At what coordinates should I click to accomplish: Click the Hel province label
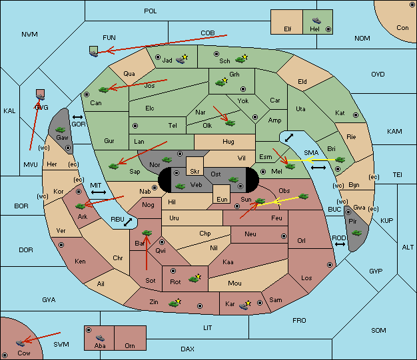(x=314, y=29)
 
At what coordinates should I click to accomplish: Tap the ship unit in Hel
(x=316, y=21)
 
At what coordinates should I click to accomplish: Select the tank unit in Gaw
(x=61, y=129)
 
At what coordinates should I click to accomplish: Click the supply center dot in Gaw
(x=68, y=148)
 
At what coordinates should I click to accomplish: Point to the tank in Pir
(x=356, y=233)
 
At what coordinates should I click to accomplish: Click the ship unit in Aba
(x=100, y=337)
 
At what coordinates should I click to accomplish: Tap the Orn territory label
(x=130, y=345)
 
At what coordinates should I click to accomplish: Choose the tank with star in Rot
(x=195, y=278)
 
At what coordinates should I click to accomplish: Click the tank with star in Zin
(x=175, y=303)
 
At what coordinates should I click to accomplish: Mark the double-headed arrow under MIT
(x=99, y=192)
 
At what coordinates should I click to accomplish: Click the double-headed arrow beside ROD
(x=340, y=244)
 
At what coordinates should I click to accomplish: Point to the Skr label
(x=195, y=172)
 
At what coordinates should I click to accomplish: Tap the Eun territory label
(x=222, y=199)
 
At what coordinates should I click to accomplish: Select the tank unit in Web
(x=181, y=186)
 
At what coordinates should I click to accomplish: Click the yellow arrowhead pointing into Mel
(x=308, y=160)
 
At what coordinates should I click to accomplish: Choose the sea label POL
(x=151, y=11)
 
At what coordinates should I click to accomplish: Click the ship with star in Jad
(x=182, y=59)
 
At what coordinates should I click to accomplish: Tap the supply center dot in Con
(x=412, y=5)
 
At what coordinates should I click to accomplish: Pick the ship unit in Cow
(x=20, y=343)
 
